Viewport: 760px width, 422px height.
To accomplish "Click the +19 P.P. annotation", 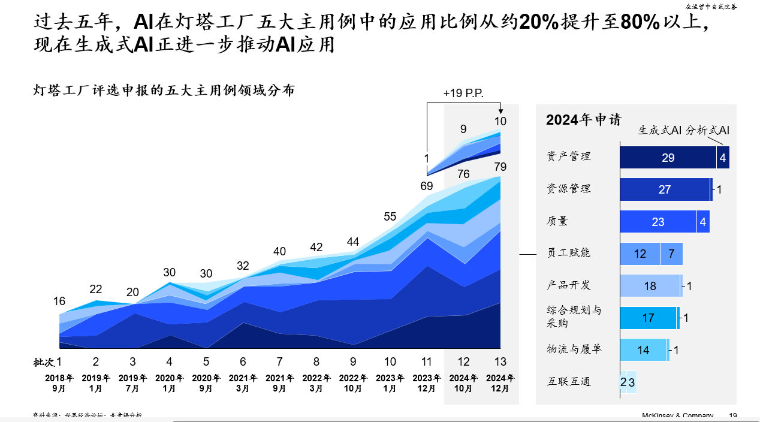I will click(x=463, y=94).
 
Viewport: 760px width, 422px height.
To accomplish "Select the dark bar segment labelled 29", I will click(x=668, y=158).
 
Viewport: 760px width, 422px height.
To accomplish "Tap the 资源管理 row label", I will click(x=569, y=189).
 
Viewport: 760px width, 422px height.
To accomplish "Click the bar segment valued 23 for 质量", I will click(x=658, y=222).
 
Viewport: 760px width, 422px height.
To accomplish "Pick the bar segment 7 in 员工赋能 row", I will click(x=671, y=254).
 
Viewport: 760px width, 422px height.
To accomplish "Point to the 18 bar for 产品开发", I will click(x=650, y=286).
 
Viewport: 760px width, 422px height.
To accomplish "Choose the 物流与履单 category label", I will click(x=574, y=349).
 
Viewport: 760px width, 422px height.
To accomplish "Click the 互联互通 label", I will click(x=569, y=381).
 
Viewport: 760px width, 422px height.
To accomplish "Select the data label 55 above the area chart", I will click(x=390, y=217).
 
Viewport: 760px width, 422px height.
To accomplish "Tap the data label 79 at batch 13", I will click(x=500, y=167).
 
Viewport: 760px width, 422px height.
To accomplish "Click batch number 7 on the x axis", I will click(x=280, y=362).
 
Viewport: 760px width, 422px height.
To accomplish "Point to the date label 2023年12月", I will click(x=427, y=383).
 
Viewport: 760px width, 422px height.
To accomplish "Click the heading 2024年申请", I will click(x=583, y=119).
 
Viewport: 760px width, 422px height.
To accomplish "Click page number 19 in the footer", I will click(x=733, y=416).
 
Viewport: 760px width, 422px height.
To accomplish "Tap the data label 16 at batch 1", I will click(x=59, y=302).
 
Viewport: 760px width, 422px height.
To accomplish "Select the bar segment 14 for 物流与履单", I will click(x=643, y=350).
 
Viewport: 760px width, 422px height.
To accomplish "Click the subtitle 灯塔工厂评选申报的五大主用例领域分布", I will click(x=164, y=91).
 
